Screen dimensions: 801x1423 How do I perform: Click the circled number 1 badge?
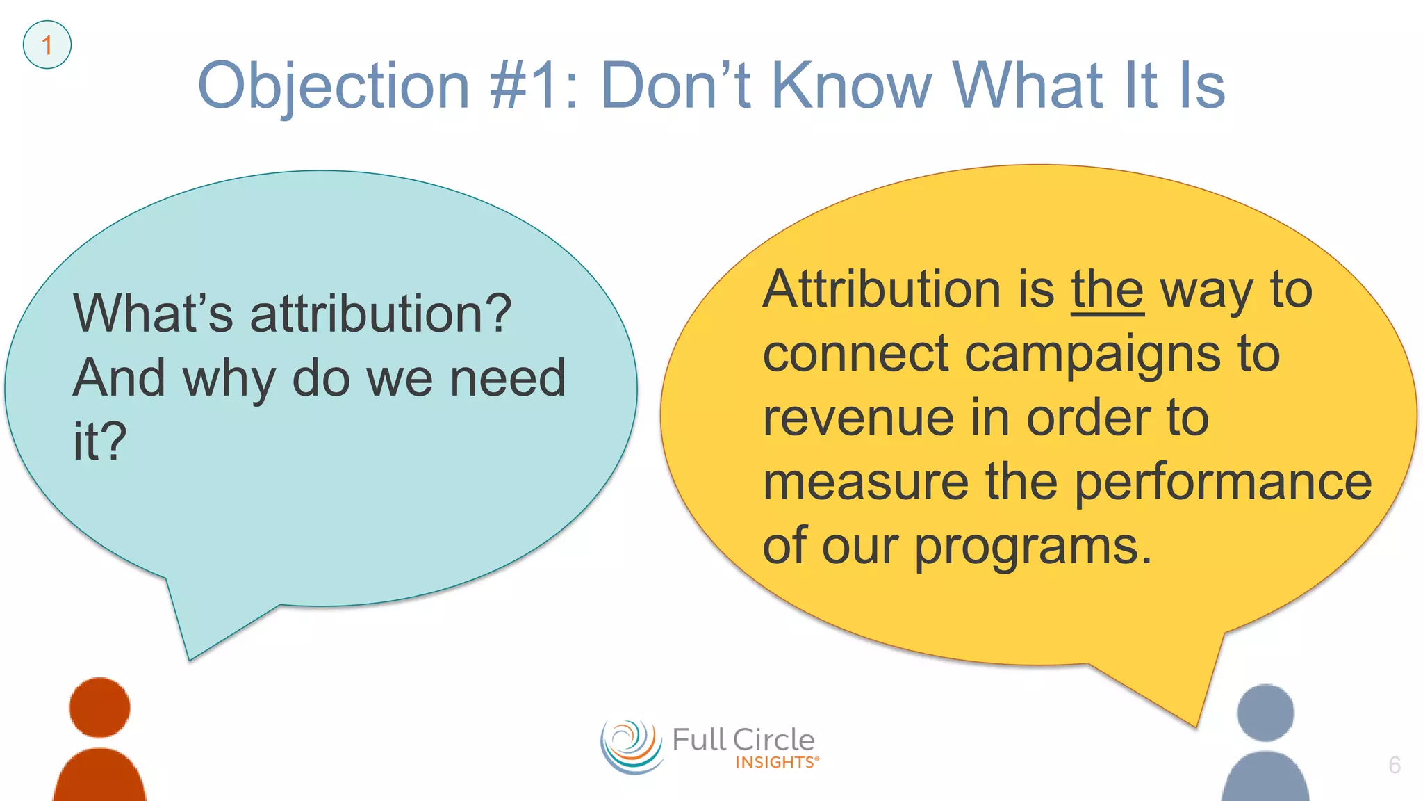click(x=47, y=45)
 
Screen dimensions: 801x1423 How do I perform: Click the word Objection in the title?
click(x=334, y=86)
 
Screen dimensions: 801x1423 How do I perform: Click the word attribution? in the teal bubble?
click(x=381, y=314)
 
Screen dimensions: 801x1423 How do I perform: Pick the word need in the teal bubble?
click(x=508, y=378)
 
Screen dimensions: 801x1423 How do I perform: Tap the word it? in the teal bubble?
click(x=100, y=441)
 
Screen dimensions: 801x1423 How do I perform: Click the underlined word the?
click(x=1107, y=289)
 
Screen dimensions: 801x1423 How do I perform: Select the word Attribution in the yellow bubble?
click(x=882, y=289)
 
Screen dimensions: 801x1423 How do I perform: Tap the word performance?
click(x=1223, y=482)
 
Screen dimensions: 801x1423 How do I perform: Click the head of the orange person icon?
click(x=99, y=707)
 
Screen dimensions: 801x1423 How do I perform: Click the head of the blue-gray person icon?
click(x=1265, y=713)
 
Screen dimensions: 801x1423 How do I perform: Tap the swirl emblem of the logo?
click(x=631, y=747)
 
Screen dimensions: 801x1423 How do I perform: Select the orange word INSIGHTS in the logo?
click(x=775, y=763)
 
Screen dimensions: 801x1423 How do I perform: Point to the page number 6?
click(x=1394, y=765)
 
